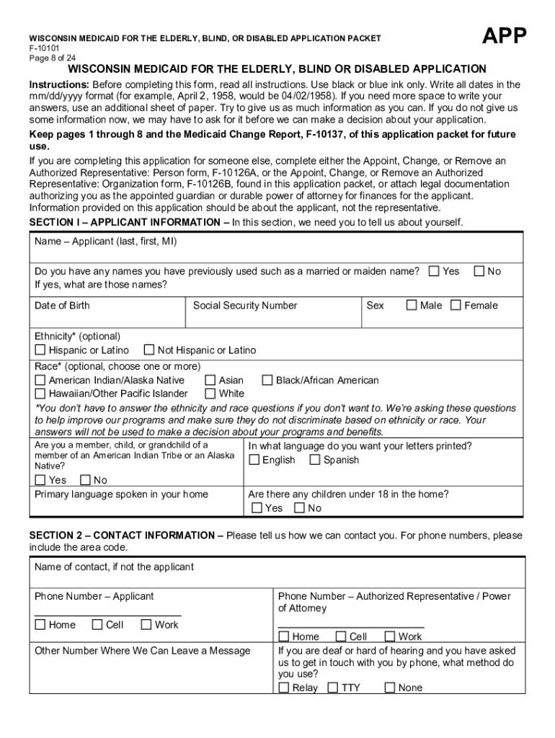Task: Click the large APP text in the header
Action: (504, 36)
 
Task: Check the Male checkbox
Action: (412, 306)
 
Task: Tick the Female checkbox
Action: (456, 306)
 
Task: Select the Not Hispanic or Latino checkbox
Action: (149, 350)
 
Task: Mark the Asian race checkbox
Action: (210, 381)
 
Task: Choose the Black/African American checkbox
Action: (267, 381)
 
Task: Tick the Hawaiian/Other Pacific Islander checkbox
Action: (40, 394)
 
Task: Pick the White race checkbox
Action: (210, 394)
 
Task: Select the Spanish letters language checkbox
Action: (315, 460)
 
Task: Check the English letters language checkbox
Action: (254, 460)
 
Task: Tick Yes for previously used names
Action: (434, 272)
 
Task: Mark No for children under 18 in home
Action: (299, 508)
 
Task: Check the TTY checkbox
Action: (333, 688)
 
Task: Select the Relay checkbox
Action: (284, 688)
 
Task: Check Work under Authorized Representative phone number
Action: (390, 636)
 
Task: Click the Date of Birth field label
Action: (62, 306)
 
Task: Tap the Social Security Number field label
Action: (245, 306)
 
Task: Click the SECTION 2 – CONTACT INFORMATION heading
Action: (126, 535)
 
